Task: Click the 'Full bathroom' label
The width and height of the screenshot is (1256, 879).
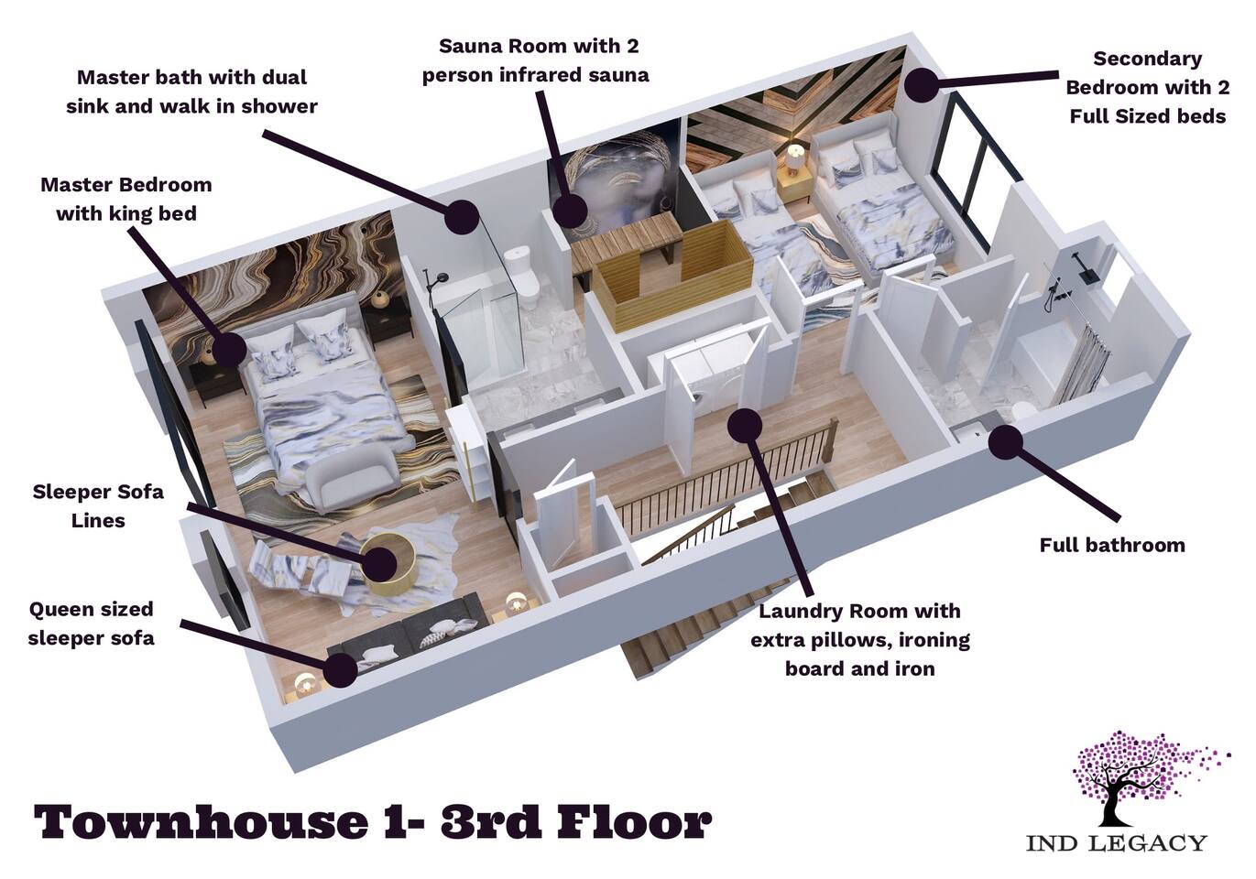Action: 1112,545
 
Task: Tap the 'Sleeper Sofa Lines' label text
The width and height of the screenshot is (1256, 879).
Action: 98,505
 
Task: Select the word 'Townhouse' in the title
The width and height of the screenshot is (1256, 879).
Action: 202,822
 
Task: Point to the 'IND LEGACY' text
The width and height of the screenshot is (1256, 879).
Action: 1117,858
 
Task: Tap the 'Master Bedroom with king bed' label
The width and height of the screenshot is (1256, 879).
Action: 126,199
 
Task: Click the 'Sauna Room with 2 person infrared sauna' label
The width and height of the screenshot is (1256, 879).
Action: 536,60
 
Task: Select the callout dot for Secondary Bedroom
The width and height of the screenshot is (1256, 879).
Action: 922,84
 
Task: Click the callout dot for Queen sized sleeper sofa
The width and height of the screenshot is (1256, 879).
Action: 340,669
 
